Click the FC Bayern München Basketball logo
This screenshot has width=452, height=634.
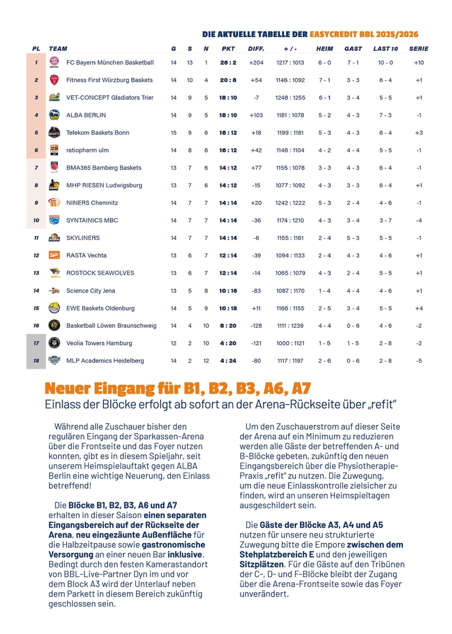pos(54,63)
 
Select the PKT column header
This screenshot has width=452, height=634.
pos(228,48)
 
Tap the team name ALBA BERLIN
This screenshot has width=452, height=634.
pos(86,115)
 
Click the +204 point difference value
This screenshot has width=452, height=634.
pos(256,63)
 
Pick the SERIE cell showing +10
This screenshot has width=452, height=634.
pos(418,63)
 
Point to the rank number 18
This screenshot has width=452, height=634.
pos(36,360)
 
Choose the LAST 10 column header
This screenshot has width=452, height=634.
pos(385,48)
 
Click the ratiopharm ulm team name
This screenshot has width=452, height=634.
pos(89,150)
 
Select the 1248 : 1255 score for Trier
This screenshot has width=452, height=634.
pos(290,97)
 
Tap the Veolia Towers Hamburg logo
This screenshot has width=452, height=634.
pos(54,343)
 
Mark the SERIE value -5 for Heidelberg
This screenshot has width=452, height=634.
pos(418,360)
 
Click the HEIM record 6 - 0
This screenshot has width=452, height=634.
pos(324,63)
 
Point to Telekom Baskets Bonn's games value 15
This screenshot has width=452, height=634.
pos(173,133)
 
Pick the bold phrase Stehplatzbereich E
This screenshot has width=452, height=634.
pos(277,554)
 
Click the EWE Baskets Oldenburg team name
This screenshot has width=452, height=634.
pos(100,308)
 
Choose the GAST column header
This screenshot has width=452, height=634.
pos(353,48)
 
